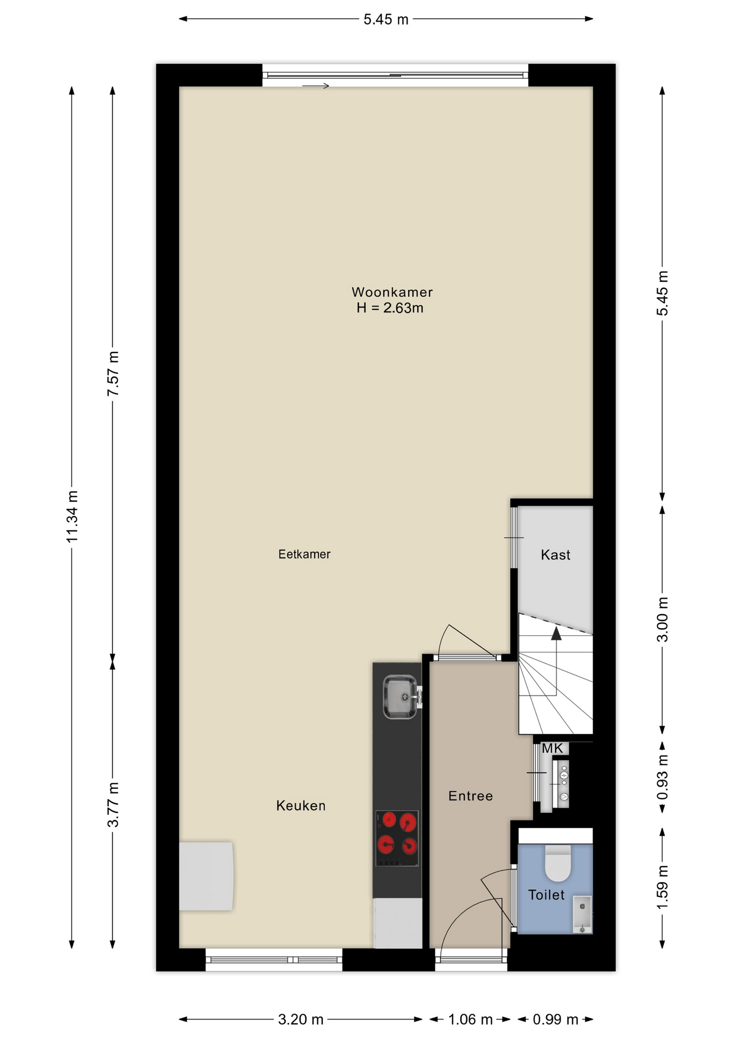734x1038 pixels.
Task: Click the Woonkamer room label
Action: (x=392, y=292)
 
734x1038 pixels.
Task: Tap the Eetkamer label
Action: (x=304, y=554)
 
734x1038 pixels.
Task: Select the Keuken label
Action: (x=301, y=806)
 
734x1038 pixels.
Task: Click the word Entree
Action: (x=470, y=796)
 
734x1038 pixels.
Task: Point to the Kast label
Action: (x=556, y=555)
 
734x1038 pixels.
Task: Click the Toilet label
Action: (x=546, y=895)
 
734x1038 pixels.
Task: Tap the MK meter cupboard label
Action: (x=552, y=748)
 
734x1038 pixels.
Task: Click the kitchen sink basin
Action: (x=400, y=697)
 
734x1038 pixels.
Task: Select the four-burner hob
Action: (x=397, y=838)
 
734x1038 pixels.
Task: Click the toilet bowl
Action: (x=558, y=863)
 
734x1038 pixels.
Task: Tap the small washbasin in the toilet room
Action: (x=583, y=915)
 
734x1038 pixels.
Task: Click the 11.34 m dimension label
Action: (x=72, y=516)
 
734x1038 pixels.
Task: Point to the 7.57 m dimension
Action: (x=114, y=374)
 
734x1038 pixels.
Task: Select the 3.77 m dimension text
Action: (x=114, y=804)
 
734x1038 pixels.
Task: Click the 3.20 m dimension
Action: (x=301, y=1019)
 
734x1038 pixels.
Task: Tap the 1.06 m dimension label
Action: (x=470, y=1019)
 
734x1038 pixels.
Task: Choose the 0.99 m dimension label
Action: (x=556, y=1019)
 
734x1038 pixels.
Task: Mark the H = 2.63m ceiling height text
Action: (x=390, y=308)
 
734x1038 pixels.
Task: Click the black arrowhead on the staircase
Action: (x=556, y=633)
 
